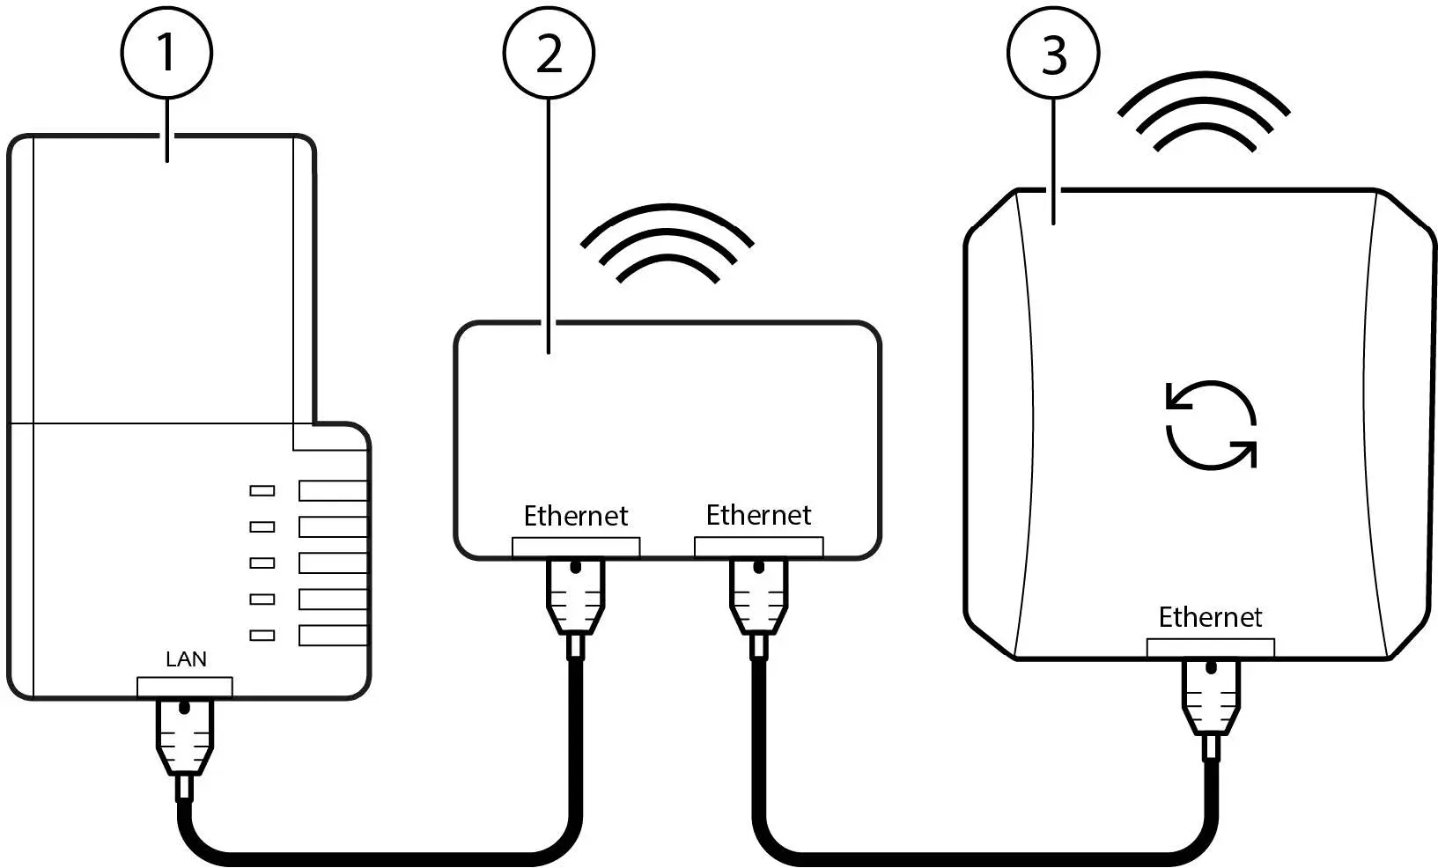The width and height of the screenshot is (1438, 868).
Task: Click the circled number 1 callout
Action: [166, 53]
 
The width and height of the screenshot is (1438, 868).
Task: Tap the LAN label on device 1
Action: [187, 658]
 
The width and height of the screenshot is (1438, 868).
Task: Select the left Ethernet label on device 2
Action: [576, 515]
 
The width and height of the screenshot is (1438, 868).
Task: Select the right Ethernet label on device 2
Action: [758, 514]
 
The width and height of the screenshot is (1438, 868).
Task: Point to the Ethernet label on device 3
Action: [1210, 616]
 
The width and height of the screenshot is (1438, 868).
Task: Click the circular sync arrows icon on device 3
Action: [1211, 425]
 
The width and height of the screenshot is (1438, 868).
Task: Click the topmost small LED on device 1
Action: [262, 490]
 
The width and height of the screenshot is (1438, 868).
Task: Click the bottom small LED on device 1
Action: [262, 635]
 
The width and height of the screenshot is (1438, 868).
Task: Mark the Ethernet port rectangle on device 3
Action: [1211, 648]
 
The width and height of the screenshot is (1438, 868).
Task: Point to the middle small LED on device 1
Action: [262, 563]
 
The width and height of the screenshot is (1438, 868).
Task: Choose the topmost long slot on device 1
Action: [332, 490]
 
